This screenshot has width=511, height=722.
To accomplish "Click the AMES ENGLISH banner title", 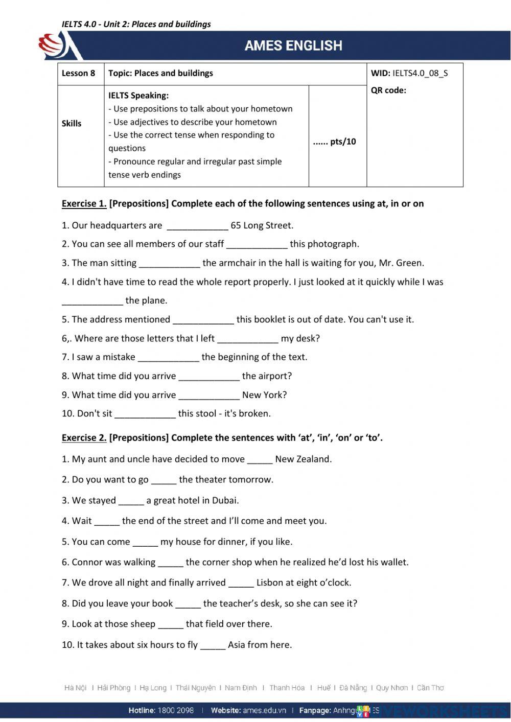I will [x=293, y=45].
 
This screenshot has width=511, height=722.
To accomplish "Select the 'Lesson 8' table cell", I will [x=78, y=73].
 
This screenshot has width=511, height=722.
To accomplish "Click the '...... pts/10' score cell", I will [x=335, y=142].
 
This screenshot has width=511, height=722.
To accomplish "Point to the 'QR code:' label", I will [x=388, y=90].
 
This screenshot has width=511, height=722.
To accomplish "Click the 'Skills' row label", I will [x=72, y=123].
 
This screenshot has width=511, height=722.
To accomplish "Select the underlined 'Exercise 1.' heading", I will [x=84, y=203].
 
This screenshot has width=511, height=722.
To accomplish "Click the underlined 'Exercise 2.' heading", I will [x=84, y=437].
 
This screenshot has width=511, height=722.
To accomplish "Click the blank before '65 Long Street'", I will [x=197, y=226].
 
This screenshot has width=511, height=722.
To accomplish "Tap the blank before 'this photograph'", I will [x=257, y=244].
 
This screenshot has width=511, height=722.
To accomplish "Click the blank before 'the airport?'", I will [x=208, y=376].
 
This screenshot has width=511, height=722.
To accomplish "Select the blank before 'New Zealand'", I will [x=260, y=459].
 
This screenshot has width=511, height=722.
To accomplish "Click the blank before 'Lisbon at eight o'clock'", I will [x=241, y=583].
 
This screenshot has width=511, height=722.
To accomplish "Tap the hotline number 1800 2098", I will [x=176, y=710].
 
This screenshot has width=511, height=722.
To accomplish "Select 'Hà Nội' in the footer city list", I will [x=76, y=688].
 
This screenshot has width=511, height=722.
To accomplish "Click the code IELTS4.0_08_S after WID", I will [x=420, y=73].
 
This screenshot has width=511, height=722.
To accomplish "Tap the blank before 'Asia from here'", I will [x=213, y=645].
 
